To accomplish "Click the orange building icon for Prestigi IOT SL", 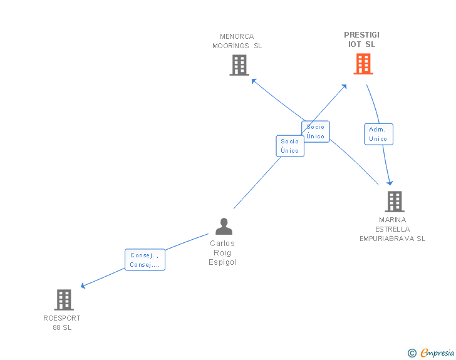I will (x=363, y=64).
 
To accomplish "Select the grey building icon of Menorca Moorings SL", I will (x=239, y=65).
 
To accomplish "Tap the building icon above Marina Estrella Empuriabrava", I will (x=394, y=202).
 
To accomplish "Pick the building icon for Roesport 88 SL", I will (x=63, y=300).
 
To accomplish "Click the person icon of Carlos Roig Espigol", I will (x=224, y=226).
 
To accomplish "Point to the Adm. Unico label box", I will (x=378, y=134).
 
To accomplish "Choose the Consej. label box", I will (x=145, y=260).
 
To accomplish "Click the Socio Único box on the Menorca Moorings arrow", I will (x=316, y=131).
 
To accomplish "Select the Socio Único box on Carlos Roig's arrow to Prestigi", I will (x=290, y=146).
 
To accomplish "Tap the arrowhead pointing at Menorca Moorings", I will (x=253, y=80).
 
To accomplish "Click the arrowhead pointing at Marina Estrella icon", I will (x=390, y=183).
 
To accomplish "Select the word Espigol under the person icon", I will (x=223, y=262).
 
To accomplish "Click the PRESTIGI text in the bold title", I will (x=361, y=35).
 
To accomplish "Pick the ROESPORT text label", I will (x=62, y=318).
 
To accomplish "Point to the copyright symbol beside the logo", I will (x=412, y=354).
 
